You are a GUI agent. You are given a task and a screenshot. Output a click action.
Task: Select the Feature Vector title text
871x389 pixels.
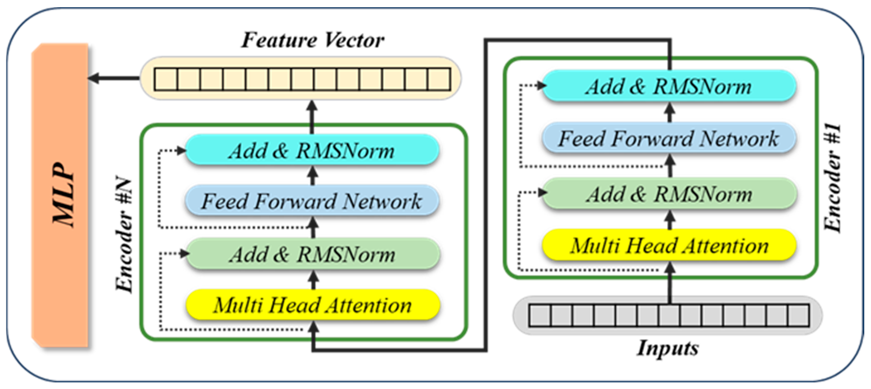pyautogui.click(x=313, y=40)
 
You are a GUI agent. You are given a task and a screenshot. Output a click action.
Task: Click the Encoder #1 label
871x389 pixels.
pyautogui.click(x=832, y=178)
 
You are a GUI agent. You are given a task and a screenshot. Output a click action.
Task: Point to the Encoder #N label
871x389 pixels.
pyautogui.click(x=124, y=234)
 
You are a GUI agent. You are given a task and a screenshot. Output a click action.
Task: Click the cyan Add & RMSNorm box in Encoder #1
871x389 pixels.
pyautogui.click(x=669, y=86)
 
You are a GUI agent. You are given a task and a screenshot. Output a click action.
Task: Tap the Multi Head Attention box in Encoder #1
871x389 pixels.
pyautogui.click(x=669, y=245)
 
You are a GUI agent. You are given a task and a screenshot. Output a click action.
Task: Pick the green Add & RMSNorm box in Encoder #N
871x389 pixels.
pyautogui.click(x=312, y=254)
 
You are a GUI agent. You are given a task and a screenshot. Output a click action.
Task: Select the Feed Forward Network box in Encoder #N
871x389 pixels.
pyautogui.click(x=312, y=201)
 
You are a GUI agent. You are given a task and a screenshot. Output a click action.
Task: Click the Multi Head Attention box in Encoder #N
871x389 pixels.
pyautogui.click(x=312, y=305)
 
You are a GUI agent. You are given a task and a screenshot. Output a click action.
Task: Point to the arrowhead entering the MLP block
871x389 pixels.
pyautogui.click(x=93, y=78)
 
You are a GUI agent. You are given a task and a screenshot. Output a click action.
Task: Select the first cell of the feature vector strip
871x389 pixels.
pyautogui.click(x=166, y=79)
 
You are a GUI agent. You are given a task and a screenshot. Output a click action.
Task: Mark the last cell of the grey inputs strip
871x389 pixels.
pyautogui.click(x=798, y=316)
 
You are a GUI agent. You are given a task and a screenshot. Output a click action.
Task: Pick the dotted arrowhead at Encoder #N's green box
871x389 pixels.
pyautogui.click(x=184, y=253)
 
